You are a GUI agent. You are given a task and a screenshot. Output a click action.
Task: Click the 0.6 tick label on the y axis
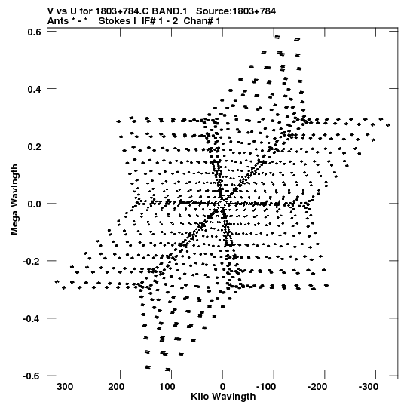coord(35,32)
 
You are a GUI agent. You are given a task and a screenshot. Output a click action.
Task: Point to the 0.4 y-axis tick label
coord(35,89)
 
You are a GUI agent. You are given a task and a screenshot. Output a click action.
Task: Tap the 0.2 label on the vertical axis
coord(35,146)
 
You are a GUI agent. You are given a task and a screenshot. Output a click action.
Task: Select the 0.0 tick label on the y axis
coord(35,204)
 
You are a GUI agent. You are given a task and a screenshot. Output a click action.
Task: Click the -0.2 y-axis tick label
coord(32,261)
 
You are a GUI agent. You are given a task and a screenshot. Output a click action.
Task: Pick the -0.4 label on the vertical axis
coord(32,318)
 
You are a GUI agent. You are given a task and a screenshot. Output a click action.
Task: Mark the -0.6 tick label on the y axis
coord(32,376)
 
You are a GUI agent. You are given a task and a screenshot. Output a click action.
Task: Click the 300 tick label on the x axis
coord(65,387)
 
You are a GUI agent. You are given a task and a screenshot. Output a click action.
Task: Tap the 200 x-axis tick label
coord(116,387)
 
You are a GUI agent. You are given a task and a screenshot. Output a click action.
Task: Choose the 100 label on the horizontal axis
coord(167,387)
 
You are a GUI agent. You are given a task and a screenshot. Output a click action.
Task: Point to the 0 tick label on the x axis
coord(222,387)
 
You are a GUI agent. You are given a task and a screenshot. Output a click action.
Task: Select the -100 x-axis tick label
coord(266,387)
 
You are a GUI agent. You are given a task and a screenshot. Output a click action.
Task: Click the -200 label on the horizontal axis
coord(317,387)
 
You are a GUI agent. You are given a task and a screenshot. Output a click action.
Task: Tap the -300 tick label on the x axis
coord(369,387)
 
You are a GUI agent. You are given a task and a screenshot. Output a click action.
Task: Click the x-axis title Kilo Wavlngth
coord(223,397)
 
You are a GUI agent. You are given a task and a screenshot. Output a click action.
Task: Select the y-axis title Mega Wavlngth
coord(14,200)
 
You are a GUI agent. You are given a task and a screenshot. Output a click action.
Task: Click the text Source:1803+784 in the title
coord(236,11)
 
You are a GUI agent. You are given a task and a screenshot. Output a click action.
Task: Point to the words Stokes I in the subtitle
coord(118,21)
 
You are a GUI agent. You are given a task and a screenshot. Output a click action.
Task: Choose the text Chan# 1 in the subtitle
coord(202,21)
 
